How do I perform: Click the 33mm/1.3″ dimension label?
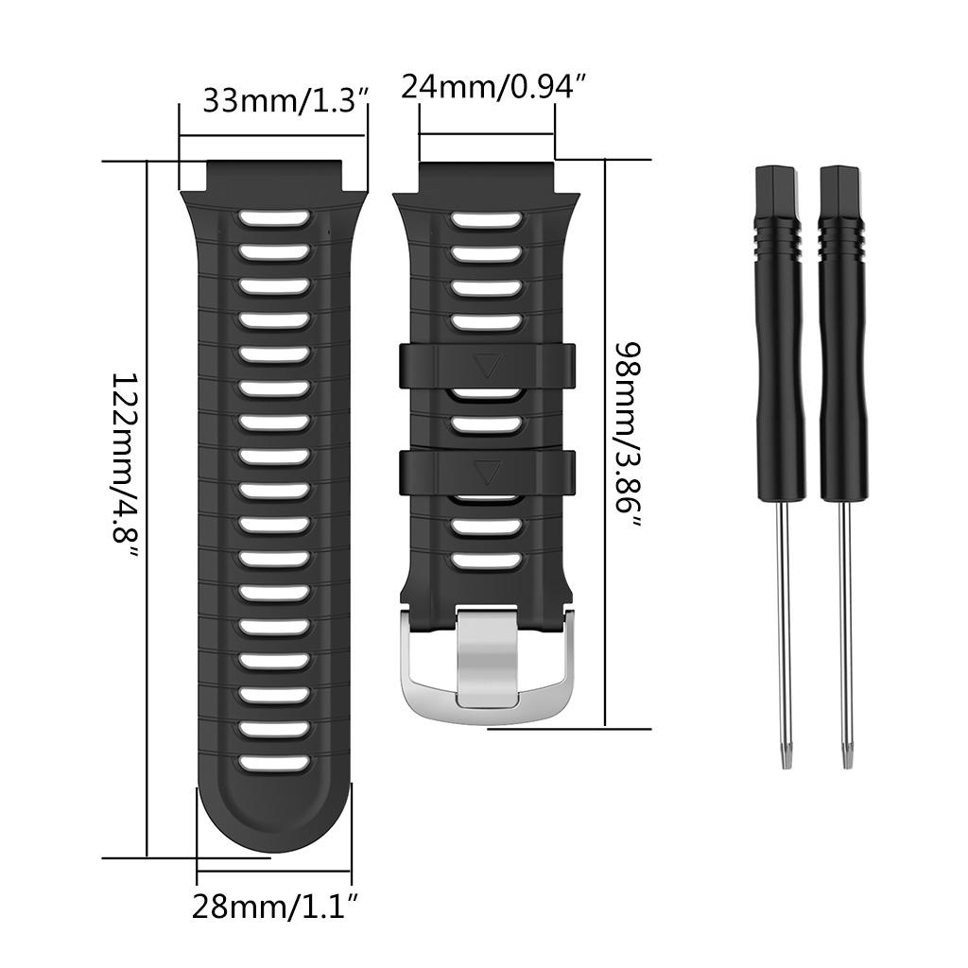click(x=285, y=100)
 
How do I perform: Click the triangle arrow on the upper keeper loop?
click(x=488, y=366)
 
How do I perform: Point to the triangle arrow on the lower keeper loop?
click(x=488, y=471)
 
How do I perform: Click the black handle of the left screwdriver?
click(x=779, y=331)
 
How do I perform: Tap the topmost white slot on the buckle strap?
click(x=488, y=219)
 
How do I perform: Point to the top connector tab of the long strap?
click(x=274, y=176)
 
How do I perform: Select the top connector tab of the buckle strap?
click(x=488, y=176)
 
